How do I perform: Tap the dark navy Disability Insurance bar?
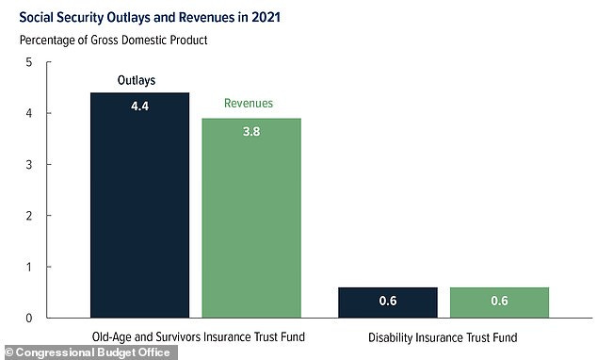(387, 302)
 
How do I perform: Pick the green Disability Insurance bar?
(499, 302)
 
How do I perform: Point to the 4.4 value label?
(139, 106)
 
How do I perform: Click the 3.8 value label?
(250, 132)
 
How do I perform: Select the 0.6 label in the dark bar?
(387, 303)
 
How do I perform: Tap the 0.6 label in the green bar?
(499, 303)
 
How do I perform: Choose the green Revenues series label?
(249, 103)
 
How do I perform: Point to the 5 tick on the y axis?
(28, 62)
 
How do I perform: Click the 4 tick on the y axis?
(28, 113)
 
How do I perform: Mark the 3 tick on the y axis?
(28, 165)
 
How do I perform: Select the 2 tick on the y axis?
(28, 216)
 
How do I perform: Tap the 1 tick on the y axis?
(28, 267)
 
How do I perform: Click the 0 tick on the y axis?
(28, 318)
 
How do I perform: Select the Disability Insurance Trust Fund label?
(443, 336)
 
